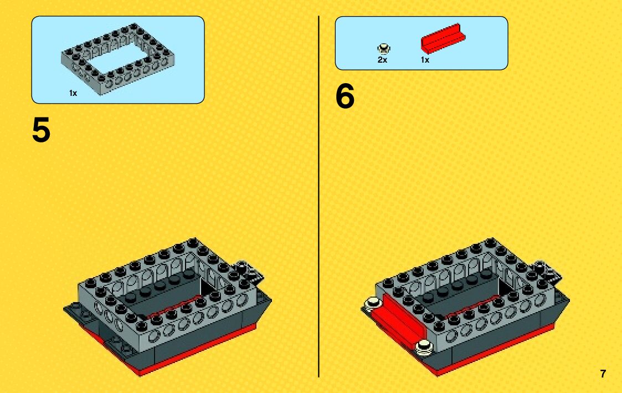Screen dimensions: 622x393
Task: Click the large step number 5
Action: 41,130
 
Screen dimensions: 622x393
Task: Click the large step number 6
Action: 345,96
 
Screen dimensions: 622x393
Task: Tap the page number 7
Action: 603,374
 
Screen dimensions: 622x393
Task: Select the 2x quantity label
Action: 382,60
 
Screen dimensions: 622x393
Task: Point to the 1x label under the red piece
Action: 425,60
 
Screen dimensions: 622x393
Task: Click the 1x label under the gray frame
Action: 73,93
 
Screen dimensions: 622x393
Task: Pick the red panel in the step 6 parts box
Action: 443,38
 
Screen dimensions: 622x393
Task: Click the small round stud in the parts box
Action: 384,49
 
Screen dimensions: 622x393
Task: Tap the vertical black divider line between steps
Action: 318,196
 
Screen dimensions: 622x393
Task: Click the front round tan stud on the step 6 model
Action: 424,347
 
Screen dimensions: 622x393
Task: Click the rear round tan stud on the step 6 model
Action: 372,304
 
